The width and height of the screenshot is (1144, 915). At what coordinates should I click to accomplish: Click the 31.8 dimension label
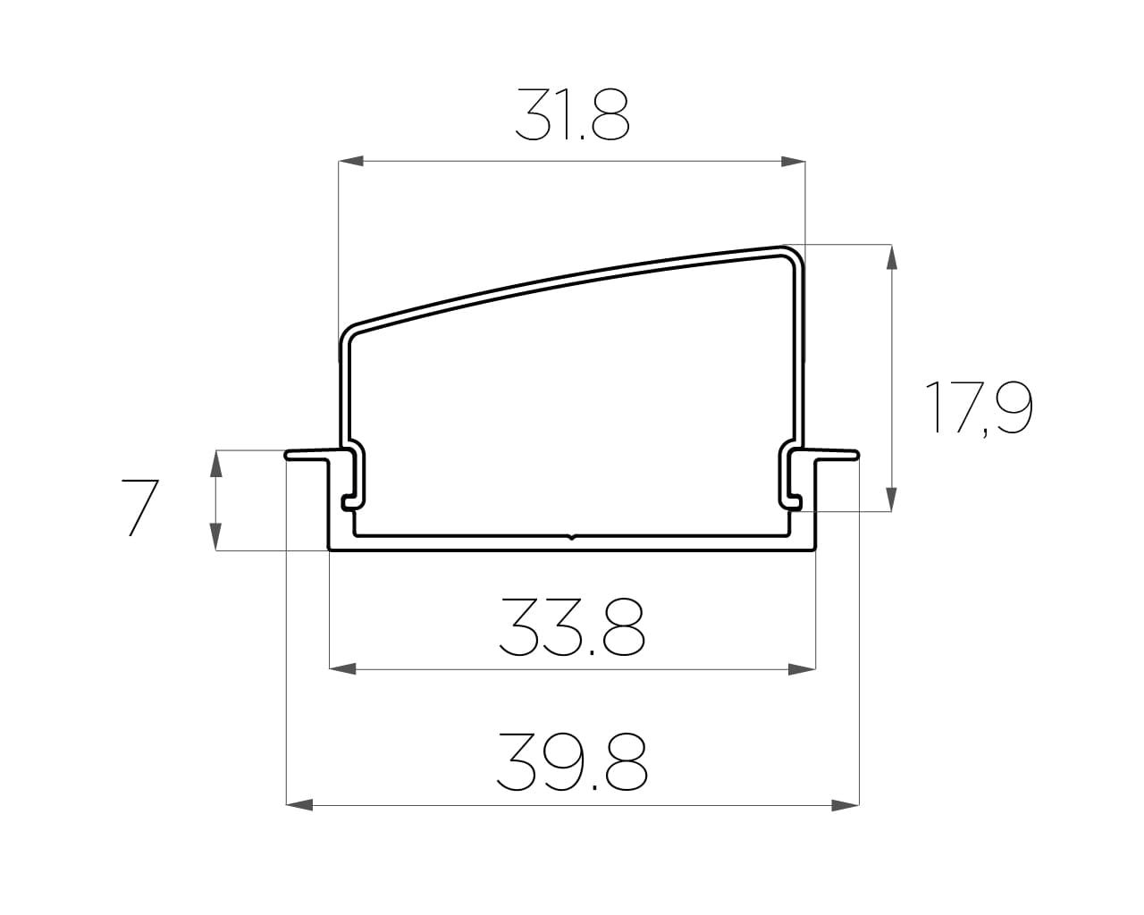[x=573, y=114]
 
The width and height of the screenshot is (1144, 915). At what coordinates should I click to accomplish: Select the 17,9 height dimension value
[x=979, y=408]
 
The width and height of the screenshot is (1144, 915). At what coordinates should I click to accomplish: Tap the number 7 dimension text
[x=140, y=508]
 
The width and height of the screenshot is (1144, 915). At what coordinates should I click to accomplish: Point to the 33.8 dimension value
[x=572, y=627]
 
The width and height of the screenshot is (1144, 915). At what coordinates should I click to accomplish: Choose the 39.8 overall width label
[x=572, y=762]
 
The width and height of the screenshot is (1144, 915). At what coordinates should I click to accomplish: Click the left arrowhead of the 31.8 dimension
[x=351, y=161]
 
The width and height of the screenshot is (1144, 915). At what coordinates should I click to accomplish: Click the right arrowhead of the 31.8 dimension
[x=793, y=161]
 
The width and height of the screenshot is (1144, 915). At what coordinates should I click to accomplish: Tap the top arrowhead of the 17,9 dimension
[x=892, y=257]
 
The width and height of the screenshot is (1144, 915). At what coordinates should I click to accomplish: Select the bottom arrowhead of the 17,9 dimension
[x=892, y=499]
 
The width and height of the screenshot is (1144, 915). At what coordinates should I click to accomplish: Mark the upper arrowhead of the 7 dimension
[x=215, y=464]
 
